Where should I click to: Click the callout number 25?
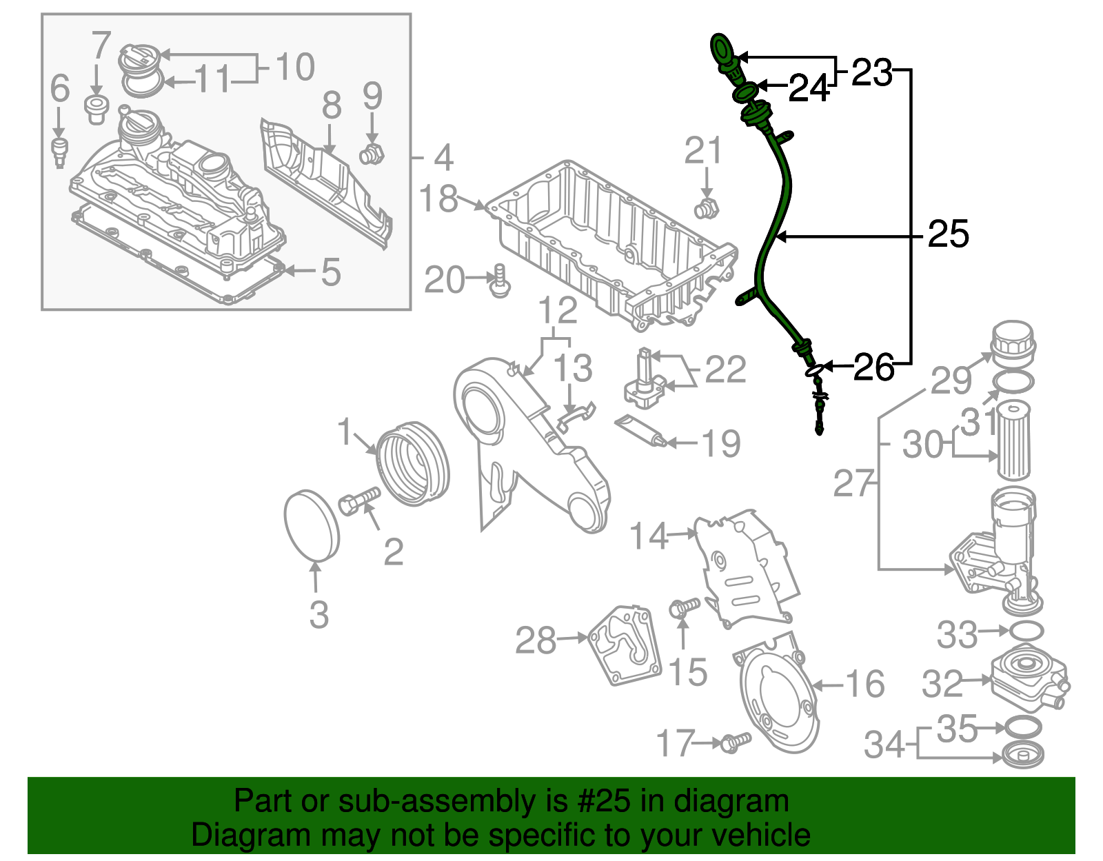(948, 234)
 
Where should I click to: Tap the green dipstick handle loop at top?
(722, 50)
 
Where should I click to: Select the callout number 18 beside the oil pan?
(438, 199)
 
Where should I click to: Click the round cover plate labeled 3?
(312, 524)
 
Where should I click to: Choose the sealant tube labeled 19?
(640, 431)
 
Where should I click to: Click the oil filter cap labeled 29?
(1013, 343)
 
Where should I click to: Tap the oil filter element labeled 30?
(1013, 441)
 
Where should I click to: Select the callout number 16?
(864, 685)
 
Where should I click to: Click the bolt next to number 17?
(736, 742)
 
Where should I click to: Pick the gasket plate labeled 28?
(625, 645)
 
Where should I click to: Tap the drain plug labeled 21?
(706, 207)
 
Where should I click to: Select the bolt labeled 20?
(499, 282)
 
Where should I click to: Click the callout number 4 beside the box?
(443, 158)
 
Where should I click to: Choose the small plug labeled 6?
(60, 152)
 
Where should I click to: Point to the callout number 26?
(873, 367)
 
